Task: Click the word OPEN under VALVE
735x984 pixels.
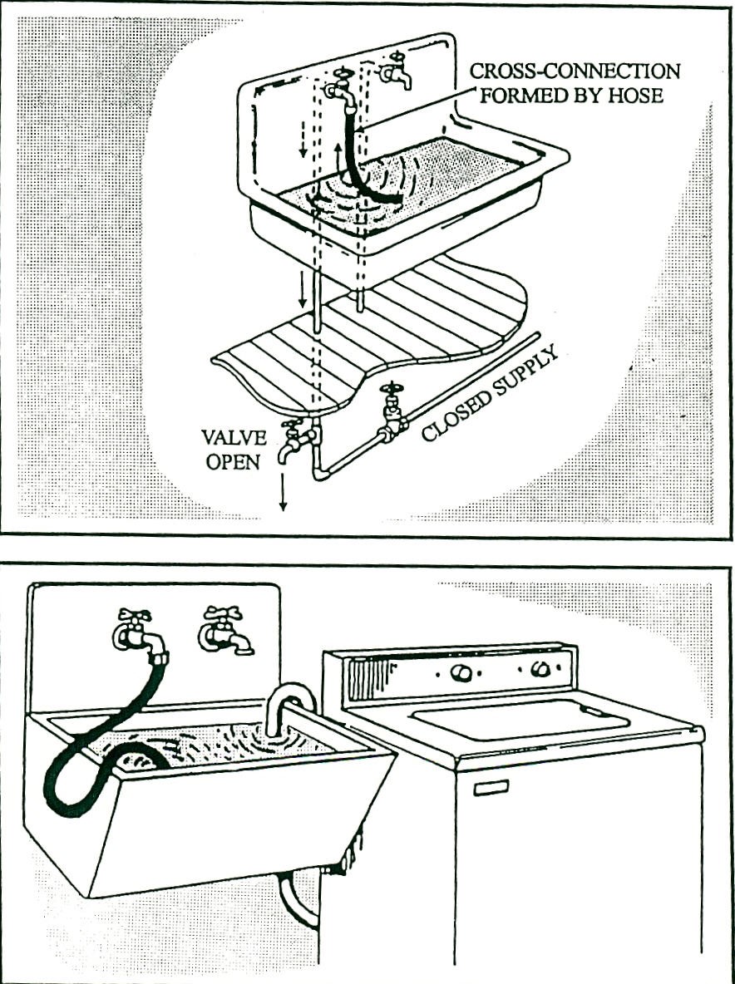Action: pos(234,462)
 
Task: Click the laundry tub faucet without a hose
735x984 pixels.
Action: pos(223,632)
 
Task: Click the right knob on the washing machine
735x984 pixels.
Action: pos(540,668)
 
